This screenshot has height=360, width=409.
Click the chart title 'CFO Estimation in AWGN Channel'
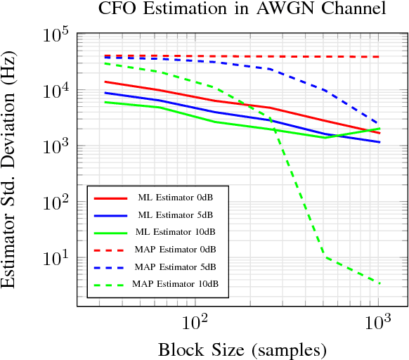(x=242, y=9)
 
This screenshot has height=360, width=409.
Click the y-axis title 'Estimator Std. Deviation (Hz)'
(x=10, y=169)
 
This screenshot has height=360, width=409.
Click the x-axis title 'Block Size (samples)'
(x=242, y=349)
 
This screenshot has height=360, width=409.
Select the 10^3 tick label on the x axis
(x=379, y=324)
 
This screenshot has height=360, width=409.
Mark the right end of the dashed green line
(x=380, y=283)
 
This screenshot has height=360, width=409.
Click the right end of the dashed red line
(x=380, y=57)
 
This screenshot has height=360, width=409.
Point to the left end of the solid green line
(x=104, y=102)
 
